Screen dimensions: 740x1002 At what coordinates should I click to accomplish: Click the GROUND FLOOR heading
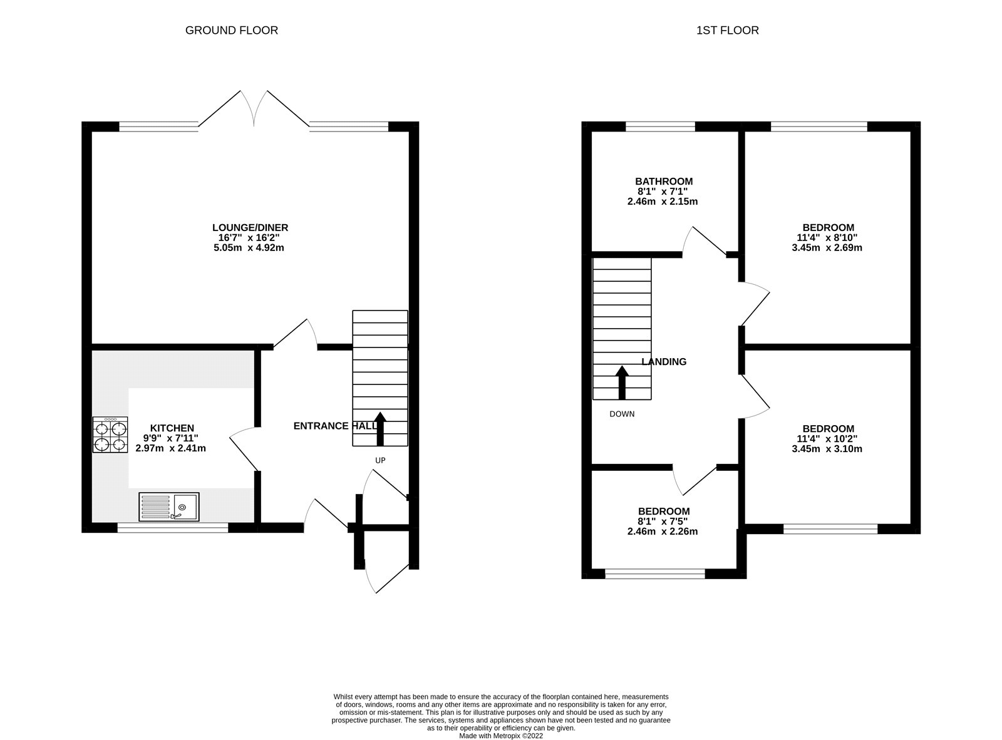(231, 30)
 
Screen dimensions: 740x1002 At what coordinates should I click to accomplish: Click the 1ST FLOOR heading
(727, 30)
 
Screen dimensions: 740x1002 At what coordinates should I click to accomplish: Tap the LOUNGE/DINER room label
(250, 228)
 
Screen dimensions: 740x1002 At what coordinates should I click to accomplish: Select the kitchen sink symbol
(169, 506)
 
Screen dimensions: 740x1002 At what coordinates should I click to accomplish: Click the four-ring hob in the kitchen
(110, 435)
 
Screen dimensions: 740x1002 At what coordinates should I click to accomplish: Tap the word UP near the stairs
(380, 460)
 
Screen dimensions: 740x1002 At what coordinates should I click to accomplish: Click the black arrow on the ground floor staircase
(380, 428)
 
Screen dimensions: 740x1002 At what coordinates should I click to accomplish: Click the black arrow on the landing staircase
(622, 382)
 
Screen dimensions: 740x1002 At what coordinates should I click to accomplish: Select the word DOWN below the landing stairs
(622, 414)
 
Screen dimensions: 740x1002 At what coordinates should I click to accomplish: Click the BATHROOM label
(664, 182)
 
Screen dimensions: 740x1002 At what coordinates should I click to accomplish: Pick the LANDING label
(664, 361)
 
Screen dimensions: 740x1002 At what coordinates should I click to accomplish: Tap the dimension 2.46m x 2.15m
(663, 202)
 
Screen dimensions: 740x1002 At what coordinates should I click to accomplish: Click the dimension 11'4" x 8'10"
(827, 237)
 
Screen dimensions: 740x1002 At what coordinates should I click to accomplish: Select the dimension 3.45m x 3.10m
(827, 449)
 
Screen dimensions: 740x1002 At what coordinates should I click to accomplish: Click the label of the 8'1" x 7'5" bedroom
(664, 511)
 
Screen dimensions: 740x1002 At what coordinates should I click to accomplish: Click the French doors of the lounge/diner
(254, 113)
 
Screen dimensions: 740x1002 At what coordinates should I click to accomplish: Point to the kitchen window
(173, 528)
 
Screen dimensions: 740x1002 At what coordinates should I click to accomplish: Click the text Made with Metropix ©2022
(501, 736)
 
